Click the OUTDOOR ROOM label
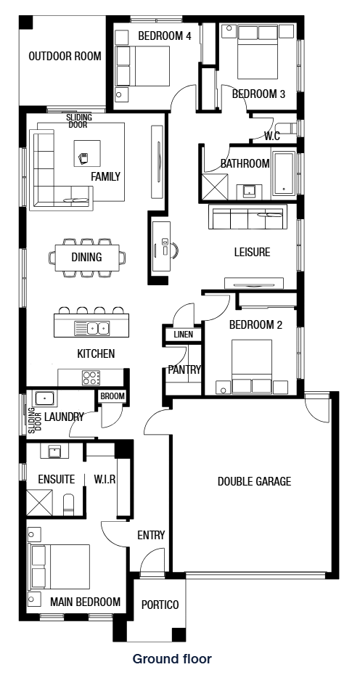tap(65, 57)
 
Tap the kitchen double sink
tap(91, 329)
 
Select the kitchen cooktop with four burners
tap(91, 378)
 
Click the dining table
tap(87, 258)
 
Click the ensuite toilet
tap(69, 504)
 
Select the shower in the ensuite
tap(40, 502)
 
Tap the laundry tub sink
tap(44, 398)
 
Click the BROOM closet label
tap(112, 396)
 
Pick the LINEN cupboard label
tap(183, 335)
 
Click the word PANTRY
tap(184, 369)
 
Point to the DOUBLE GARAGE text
tap(254, 481)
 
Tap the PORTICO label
tap(160, 605)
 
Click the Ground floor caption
tap(172, 658)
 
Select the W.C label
tap(272, 136)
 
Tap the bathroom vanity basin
tap(250, 190)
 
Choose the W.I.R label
tap(105, 479)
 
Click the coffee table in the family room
tap(87, 153)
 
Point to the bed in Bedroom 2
tap(252, 366)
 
